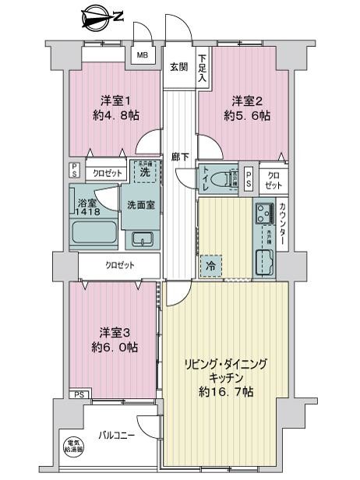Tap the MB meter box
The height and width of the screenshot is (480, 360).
(143, 55)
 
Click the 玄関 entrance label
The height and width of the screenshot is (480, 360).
(178, 67)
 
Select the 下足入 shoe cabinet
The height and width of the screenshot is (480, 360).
(203, 68)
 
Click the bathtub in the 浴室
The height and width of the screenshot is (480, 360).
(93, 232)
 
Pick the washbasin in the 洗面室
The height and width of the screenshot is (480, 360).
(141, 238)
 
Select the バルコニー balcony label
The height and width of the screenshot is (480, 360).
(116, 434)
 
